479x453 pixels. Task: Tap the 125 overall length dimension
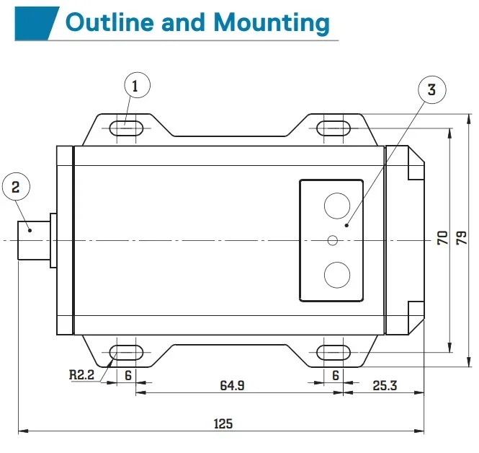(x=223, y=423)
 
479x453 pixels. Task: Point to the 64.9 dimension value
(x=232, y=385)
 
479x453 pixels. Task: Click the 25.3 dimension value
(x=385, y=385)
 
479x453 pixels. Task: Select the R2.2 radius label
(x=81, y=374)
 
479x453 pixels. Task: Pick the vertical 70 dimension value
(x=443, y=237)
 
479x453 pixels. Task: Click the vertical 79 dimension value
(x=462, y=237)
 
